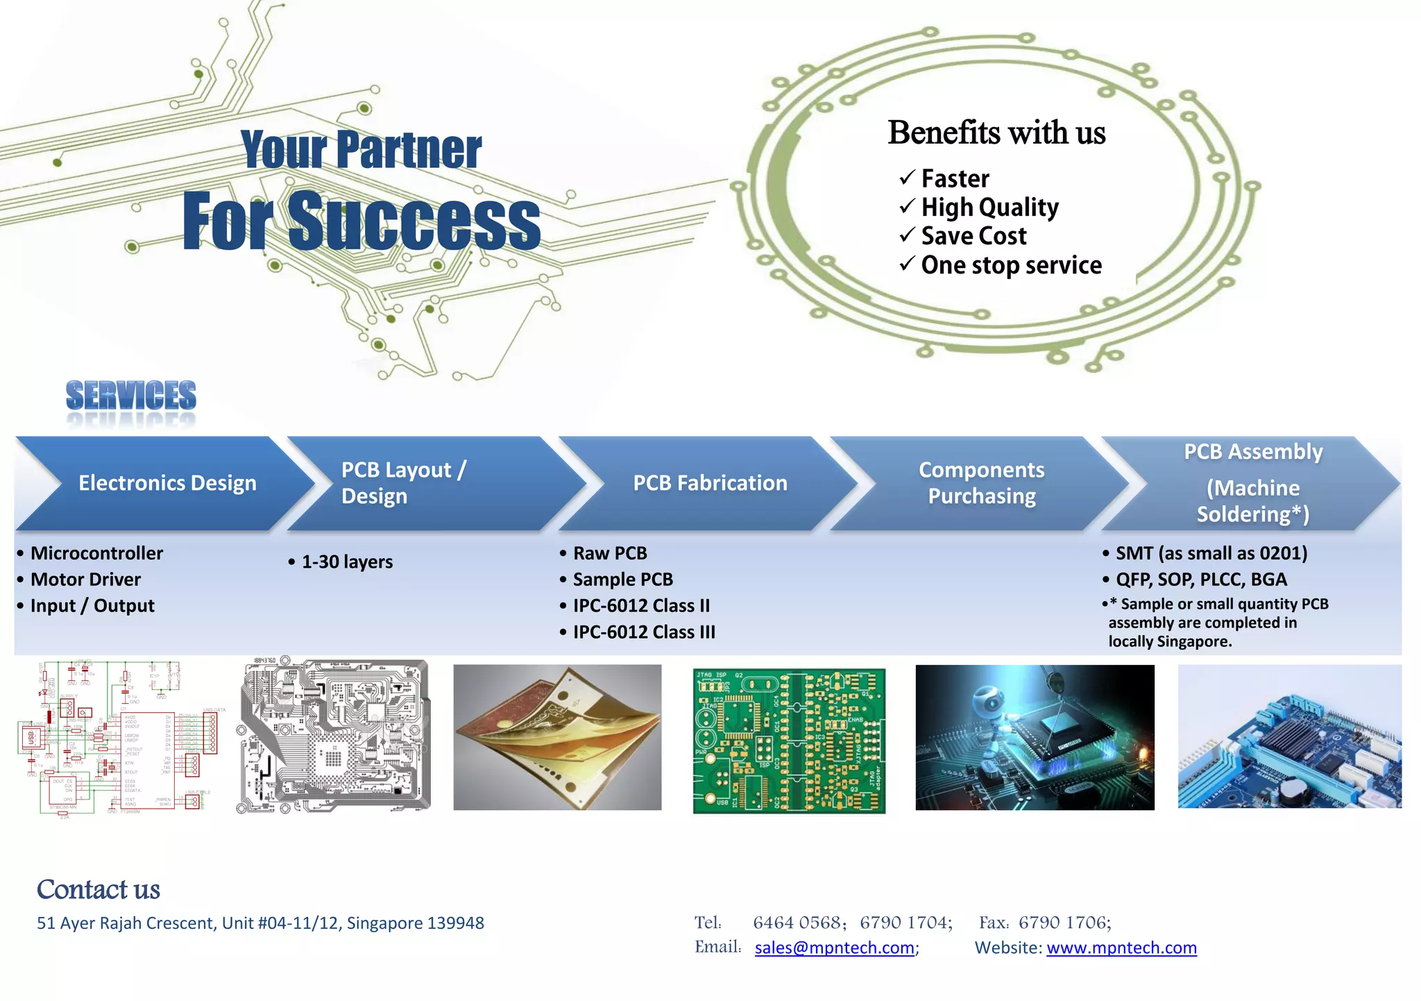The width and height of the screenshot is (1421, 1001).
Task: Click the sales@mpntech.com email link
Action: [x=834, y=948]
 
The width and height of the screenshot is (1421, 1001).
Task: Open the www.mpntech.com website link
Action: [x=1121, y=948]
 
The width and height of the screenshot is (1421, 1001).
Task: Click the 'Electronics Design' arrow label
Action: [x=167, y=483]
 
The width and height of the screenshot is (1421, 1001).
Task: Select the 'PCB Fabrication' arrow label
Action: [x=710, y=483]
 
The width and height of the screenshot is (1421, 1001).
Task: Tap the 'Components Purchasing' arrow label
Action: [x=981, y=483]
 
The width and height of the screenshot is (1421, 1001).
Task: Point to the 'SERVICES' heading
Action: [x=130, y=396]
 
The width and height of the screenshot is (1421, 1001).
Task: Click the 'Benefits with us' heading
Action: [x=996, y=133]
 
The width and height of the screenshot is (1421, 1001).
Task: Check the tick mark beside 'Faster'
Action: [x=907, y=178]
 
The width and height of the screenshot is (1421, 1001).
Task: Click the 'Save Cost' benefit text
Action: [x=973, y=236]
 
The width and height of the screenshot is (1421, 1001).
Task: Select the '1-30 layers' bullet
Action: [x=347, y=562]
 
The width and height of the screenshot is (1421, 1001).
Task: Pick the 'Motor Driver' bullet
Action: [x=85, y=580]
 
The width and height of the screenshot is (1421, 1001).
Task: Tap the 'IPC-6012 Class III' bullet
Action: [x=643, y=632]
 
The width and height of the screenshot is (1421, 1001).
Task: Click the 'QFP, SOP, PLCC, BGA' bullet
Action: [x=1200, y=580]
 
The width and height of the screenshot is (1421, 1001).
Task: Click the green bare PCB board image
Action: [x=789, y=741]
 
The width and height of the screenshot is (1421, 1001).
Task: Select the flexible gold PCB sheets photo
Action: [x=557, y=737]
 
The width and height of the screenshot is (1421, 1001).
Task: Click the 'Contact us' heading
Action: [x=98, y=889]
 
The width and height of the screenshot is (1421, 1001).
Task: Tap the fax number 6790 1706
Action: [x=1064, y=923]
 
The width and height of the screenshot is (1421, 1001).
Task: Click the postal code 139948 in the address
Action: [x=455, y=923]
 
